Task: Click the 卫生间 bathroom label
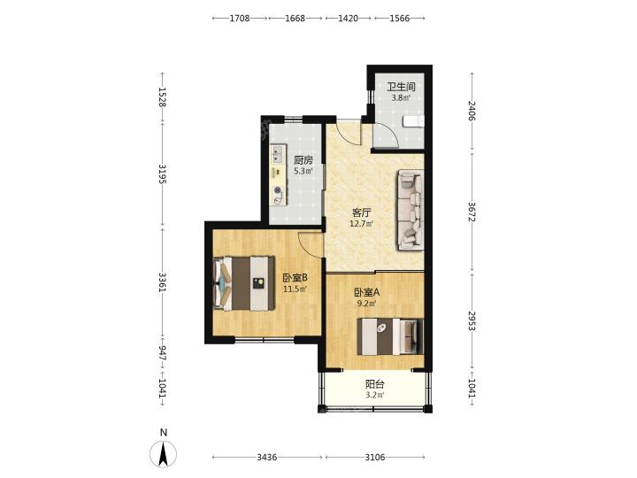[x=401, y=87]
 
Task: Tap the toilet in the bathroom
[x=413, y=121]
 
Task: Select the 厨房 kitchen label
[x=303, y=160]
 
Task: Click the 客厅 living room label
[x=362, y=212]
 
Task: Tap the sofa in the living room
[x=411, y=210]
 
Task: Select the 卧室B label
[x=295, y=278]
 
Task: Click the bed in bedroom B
[x=244, y=283]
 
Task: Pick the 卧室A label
[x=367, y=292]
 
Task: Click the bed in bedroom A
[x=390, y=336]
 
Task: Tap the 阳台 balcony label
[x=374, y=384]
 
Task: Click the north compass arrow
[x=164, y=453]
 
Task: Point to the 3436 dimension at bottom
[x=267, y=458]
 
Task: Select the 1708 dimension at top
[x=240, y=19]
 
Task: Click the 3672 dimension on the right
[x=472, y=212]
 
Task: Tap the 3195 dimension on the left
[x=163, y=174]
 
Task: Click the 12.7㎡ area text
[x=362, y=223]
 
